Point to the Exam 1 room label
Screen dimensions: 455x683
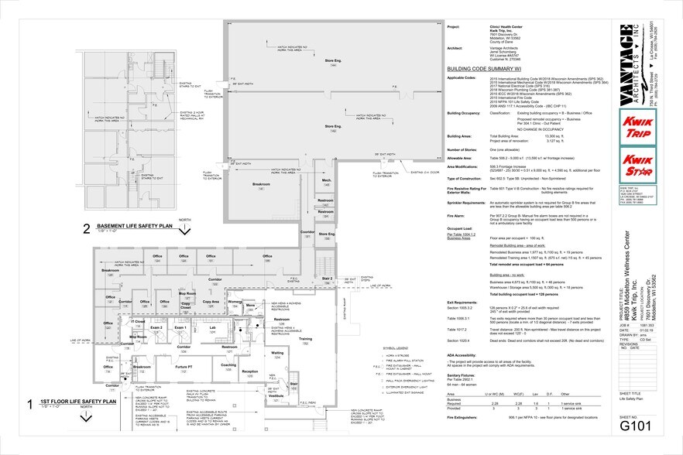coord(180,328)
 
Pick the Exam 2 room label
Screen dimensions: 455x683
coord(156,328)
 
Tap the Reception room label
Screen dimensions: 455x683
coord(250,371)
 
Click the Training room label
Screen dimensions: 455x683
coord(306,339)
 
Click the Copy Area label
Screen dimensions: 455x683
coord(211,301)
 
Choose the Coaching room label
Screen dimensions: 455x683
coord(228,364)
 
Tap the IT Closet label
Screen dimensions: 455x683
coord(138,321)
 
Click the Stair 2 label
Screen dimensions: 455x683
coord(327,278)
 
